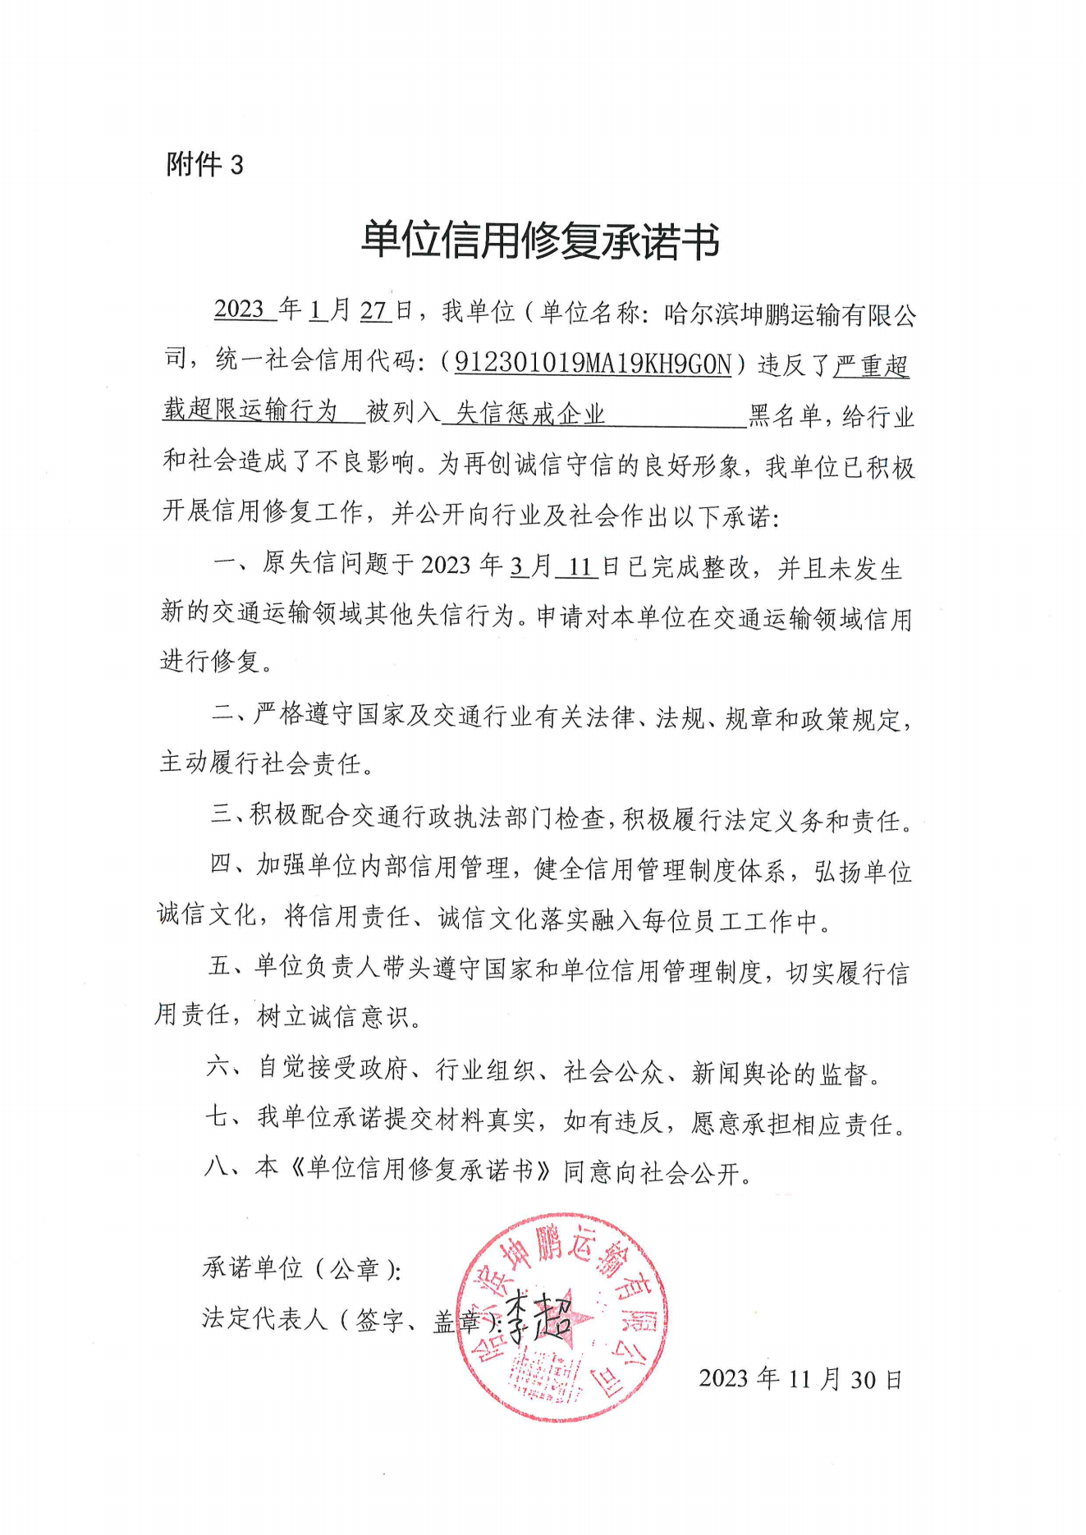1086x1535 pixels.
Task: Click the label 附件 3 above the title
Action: point(205,165)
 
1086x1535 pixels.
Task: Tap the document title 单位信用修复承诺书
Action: point(540,241)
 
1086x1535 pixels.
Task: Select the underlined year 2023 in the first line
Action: point(239,309)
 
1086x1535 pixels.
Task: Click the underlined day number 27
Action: point(373,310)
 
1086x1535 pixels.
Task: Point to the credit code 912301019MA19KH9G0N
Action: point(593,363)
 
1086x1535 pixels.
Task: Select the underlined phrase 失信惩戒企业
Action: point(530,413)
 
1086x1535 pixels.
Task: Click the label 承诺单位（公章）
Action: point(301,1269)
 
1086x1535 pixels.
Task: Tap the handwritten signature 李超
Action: point(538,1317)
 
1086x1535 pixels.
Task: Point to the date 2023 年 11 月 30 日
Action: point(800,1379)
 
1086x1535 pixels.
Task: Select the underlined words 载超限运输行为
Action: point(250,410)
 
